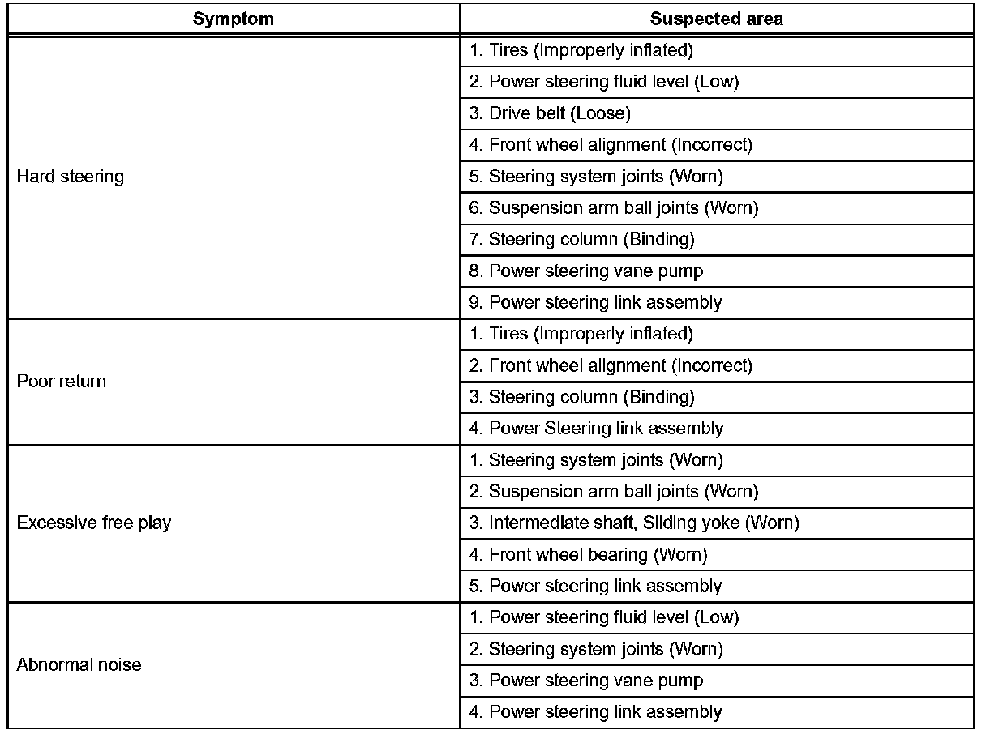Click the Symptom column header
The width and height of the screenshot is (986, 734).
[234, 19]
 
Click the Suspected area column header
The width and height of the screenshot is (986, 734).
[716, 19]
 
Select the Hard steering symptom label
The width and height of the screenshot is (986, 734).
[71, 177]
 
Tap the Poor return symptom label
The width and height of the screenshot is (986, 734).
[62, 381]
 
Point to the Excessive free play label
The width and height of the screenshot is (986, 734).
[94, 523]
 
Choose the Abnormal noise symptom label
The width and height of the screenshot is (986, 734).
[79, 665]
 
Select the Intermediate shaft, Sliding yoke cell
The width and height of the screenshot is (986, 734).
[634, 523]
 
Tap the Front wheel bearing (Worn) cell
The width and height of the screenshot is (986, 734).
[588, 555]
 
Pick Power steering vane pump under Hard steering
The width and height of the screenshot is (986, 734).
[586, 271]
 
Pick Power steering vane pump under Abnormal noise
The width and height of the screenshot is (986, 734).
[586, 681]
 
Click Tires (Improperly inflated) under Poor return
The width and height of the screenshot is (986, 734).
[581, 334]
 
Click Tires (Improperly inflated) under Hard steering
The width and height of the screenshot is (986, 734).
[581, 50]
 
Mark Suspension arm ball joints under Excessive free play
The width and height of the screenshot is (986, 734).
[614, 492]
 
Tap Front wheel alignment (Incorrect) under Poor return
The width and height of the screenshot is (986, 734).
[611, 365]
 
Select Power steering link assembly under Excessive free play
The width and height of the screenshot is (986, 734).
[595, 586]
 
